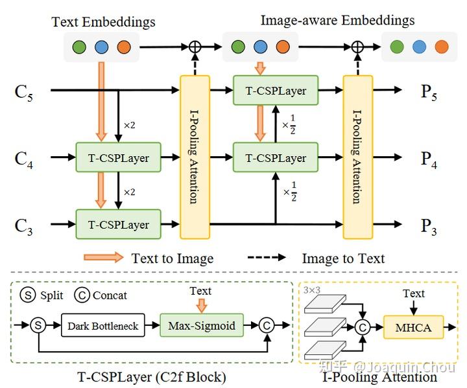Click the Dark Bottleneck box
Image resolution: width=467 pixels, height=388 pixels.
click(102, 325)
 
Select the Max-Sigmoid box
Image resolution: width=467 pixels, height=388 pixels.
click(202, 325)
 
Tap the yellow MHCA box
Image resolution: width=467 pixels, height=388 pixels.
click(413, 327)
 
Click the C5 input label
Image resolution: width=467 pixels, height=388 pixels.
click(23, 93)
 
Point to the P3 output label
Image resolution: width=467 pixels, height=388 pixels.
click(429, 227)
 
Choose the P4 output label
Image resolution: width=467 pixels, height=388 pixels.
click(429, 159)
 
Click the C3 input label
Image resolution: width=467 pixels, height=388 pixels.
click(23, 227)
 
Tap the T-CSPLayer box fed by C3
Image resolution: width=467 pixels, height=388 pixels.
click(118, 224)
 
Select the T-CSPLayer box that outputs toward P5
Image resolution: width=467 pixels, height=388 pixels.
click(276, 90)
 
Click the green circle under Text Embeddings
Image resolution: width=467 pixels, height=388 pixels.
click(79, 47)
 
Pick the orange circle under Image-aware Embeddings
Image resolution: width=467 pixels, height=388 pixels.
click(283, 47)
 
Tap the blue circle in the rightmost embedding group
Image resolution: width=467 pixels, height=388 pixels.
click(420, 47)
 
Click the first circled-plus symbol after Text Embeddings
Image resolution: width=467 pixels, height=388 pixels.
click(195, 47)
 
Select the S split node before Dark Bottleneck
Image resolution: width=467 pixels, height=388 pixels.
click(38, 325)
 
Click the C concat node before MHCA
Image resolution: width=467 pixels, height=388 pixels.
click(363, 327)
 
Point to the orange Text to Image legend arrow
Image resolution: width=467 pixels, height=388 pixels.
click(103, 257)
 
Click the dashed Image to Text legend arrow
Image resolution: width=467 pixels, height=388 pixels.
click(267, 257)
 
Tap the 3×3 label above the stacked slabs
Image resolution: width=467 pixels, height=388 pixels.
click(312, 290)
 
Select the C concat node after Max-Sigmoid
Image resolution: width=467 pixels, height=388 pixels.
click(267, 325)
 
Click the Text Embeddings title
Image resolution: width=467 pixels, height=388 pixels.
click(103, 22)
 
